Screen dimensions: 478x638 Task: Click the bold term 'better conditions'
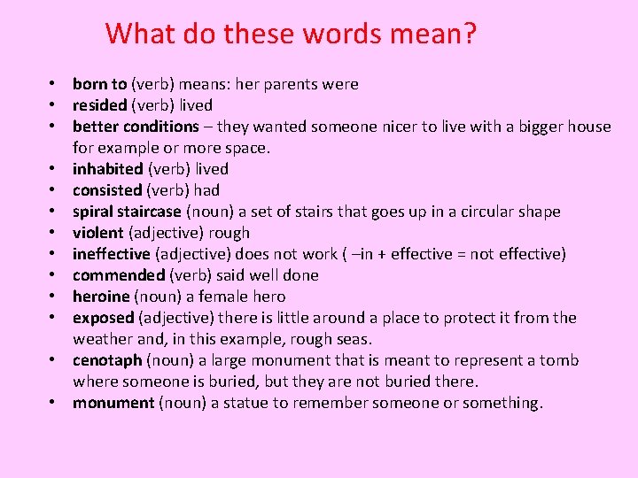[136, 127]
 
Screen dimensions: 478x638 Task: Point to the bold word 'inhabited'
[107, 169]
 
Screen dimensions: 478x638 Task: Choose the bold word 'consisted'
[107, 190]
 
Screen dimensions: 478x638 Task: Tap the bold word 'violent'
[98, 233]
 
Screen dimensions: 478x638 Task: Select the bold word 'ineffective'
[112, 254]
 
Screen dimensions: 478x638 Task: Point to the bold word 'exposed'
[103, 318]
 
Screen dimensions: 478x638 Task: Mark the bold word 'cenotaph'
[107, 360]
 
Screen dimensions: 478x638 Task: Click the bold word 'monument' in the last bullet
[113, 403]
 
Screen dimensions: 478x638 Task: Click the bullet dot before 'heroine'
[54, 297]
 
